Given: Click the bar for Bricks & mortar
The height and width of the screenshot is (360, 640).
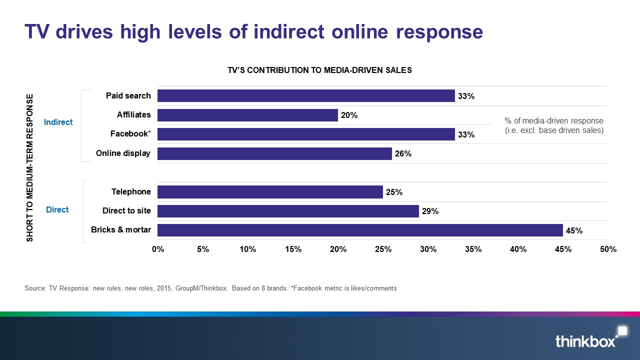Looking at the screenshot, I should [x=360, y=230].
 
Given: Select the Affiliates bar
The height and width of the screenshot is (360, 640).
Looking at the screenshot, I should [x=247, y=115].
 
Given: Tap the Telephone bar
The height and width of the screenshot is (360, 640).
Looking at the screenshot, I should [x=270, y=192].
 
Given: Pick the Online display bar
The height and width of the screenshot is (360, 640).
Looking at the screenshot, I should [x=274, y=153].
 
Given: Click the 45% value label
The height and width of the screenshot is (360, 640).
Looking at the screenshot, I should [x=574, y=231].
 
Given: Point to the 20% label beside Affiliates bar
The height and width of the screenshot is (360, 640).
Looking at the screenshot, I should [x=349, y=115].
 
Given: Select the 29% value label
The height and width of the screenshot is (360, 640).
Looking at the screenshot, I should [x=430, y=211].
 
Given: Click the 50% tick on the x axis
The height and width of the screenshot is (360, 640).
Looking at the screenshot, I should [x=608, y=249].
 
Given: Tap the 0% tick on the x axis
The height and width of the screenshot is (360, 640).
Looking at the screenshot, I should [x=158, y=249].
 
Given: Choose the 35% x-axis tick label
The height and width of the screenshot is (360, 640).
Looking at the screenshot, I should [x=473, y=249].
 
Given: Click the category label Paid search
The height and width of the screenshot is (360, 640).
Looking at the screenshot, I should [x=128, y=95].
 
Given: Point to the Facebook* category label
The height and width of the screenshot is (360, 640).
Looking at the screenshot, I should [x=130, y=134].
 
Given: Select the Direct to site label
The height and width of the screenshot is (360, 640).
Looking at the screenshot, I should [x=126, y=210].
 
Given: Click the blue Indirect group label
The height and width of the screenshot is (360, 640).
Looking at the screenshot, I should [x=58, y=122].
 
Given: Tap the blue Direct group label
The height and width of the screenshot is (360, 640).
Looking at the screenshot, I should [x=57, y=209].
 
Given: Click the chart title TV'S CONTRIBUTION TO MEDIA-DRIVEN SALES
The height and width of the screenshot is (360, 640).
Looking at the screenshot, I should [x=319, y=70].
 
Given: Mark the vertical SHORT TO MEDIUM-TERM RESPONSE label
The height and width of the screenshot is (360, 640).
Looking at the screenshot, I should [x=30, y=167].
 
